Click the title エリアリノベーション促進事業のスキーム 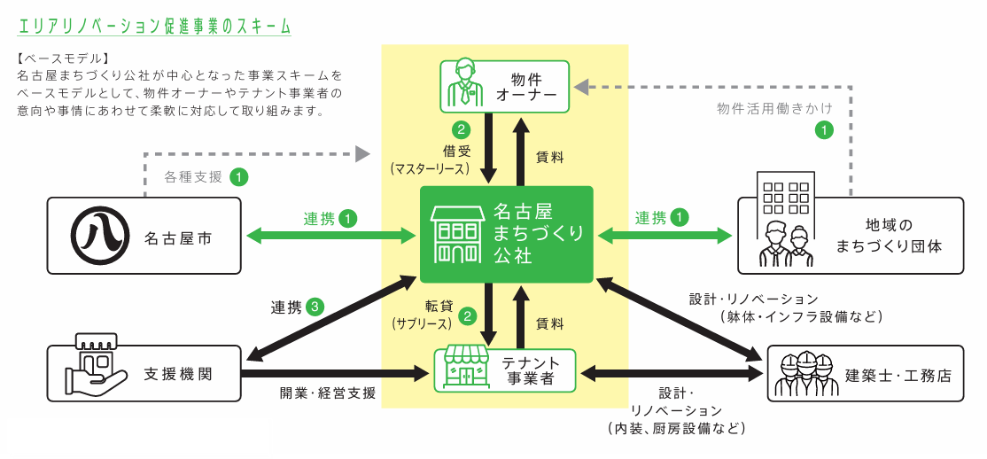153,27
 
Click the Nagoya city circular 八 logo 97,236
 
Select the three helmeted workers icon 804,374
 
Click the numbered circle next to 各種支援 239,176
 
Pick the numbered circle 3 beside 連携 315,307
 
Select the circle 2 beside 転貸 468,315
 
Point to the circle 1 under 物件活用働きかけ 823,130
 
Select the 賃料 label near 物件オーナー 549,157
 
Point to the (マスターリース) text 430,167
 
